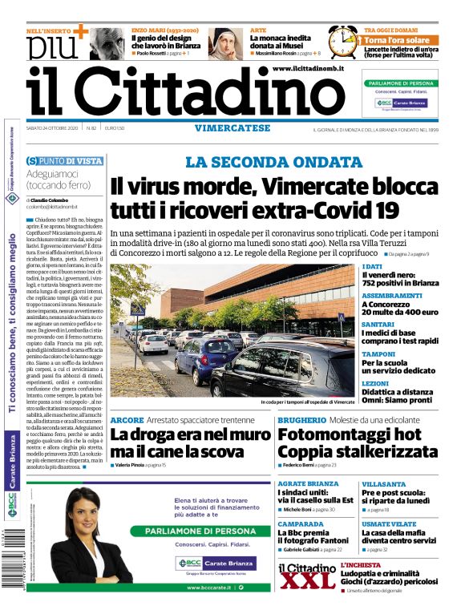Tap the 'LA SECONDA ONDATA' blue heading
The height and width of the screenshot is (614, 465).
point(273,162)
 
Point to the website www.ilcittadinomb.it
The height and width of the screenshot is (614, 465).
point(308,70)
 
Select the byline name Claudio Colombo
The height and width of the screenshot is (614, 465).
point(51,200)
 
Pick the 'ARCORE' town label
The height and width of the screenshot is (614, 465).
point(126,420)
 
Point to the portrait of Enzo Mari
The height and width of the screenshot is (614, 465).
point(106,42)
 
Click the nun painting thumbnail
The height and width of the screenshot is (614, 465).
point(226,43)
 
